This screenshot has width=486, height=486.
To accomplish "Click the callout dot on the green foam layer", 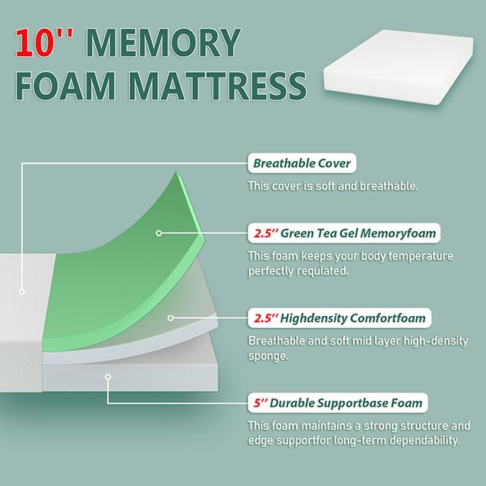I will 159,234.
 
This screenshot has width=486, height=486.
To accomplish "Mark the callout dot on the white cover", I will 23,290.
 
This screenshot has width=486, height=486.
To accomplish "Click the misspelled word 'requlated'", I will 322,271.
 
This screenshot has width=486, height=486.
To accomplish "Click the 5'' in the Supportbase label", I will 256,402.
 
